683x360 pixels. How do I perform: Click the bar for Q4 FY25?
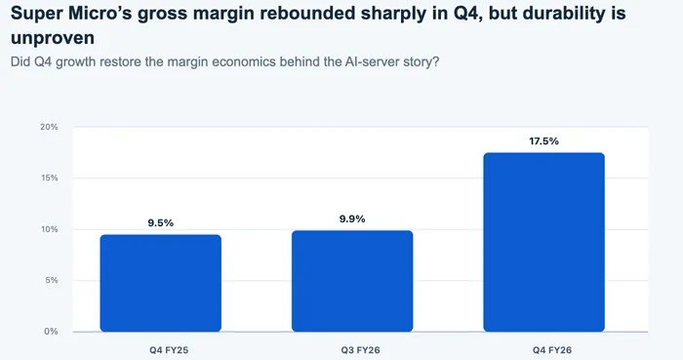(161, 283)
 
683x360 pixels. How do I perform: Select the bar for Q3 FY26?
(352, 281)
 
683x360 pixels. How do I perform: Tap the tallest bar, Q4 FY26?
(544, 242)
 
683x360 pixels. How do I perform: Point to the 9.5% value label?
(161, 222)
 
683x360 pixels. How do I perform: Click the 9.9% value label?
(352, 219)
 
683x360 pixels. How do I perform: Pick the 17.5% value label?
(544, 141)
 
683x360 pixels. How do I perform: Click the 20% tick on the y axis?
(49, 127)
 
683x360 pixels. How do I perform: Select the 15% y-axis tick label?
(50, 178)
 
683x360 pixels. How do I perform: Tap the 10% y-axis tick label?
(50, 229)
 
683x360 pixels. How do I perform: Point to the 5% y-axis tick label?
(52, 280)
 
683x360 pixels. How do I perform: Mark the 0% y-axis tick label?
(51, 332)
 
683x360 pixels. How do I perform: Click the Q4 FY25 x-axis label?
(169, 350)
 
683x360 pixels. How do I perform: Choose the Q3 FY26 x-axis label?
(361, 350)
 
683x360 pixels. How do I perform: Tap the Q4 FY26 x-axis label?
(552, 350)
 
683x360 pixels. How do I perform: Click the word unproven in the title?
(53, 38)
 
